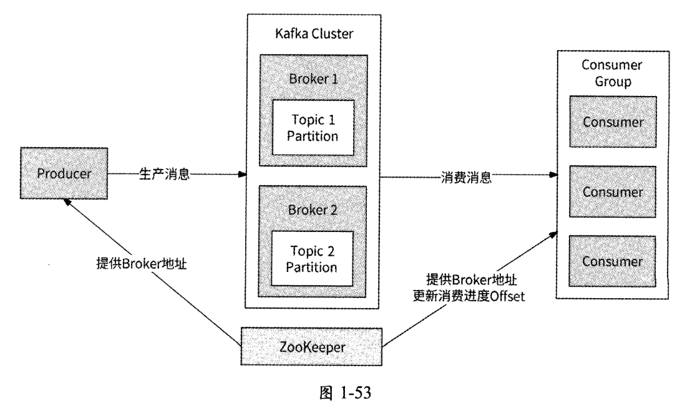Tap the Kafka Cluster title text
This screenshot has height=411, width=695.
[313, 32]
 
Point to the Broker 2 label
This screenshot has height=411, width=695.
[313, 210]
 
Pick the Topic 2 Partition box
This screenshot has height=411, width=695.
[312, 258]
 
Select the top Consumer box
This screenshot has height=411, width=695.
[612, 122]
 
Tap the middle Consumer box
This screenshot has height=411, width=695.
[612, 191]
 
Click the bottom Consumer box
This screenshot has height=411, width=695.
[612, 260]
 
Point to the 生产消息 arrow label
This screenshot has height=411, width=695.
[163, 175]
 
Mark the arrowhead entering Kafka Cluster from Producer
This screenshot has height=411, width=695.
[243, 175]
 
